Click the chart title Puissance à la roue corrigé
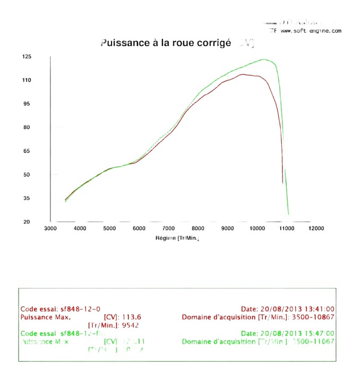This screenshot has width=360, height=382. coord(166,43)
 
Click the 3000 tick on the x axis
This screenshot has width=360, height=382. coord(50,228)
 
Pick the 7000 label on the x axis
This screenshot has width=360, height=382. coord(168,228)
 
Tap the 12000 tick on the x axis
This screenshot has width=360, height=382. coord(316,228)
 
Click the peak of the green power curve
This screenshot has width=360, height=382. coord(264,59)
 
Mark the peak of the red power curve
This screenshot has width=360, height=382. coord(243,74)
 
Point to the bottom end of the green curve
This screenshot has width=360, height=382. coord(288,214)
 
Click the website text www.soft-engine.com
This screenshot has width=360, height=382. coord(311,31)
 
